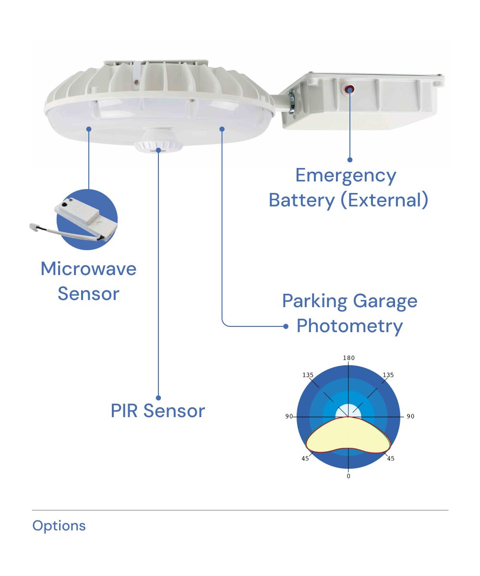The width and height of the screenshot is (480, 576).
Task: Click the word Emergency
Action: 346,176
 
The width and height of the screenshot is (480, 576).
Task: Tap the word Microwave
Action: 88,268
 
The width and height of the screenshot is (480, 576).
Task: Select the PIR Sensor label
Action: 157,411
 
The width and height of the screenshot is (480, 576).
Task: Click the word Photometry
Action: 349,326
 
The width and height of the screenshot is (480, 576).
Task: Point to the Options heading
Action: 59,526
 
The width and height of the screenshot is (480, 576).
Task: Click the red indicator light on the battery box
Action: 350,89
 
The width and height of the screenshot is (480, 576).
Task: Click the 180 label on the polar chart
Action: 348,358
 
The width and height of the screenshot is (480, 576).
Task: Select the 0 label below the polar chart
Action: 348,476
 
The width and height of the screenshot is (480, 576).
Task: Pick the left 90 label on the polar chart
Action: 288,416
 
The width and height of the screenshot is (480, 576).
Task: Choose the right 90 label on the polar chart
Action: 410,416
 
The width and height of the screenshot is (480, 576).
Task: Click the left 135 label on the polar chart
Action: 308,375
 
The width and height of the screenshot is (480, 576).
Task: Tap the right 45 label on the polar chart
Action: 390,458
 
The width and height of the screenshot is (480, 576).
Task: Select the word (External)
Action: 384,200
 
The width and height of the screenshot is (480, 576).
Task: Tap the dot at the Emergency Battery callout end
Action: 350,159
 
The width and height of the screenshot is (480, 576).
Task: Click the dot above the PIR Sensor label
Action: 158,397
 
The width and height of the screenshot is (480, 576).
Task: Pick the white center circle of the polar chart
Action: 348,411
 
